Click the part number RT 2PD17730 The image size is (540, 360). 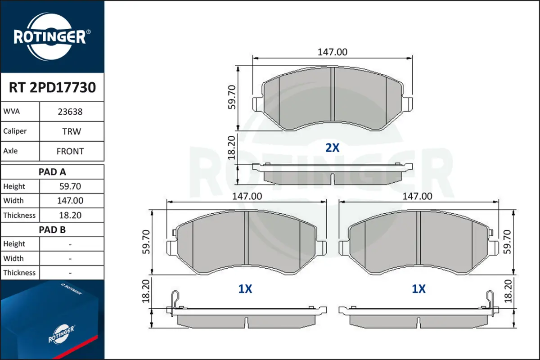coord(52,87)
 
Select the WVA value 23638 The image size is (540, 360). coord(70,112)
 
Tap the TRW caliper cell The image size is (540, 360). coord(72,131)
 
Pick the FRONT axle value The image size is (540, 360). coord(70,151)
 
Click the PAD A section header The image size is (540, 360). coord(52,172)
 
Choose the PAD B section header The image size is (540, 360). coord(52,230)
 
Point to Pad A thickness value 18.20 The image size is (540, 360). coord(70,215)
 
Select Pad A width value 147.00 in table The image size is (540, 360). coord(70,201)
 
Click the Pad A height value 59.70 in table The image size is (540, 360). coord(70,186)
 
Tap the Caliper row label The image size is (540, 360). coord(15,131)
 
